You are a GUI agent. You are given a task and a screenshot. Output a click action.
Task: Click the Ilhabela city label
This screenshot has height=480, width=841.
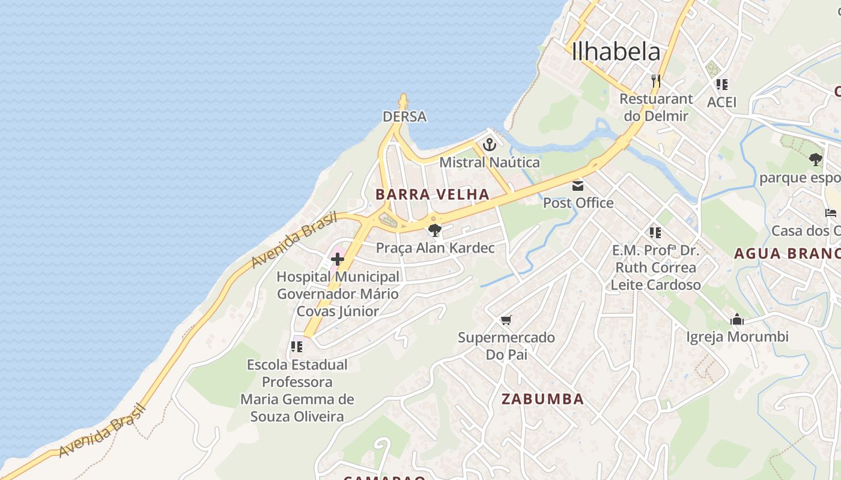616,52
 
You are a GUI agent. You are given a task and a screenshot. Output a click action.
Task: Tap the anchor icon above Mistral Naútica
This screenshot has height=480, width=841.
490,145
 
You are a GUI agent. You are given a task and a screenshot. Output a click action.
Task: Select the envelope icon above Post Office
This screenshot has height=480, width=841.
578,185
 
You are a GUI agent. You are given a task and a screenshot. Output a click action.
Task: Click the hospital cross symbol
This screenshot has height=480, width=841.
338,259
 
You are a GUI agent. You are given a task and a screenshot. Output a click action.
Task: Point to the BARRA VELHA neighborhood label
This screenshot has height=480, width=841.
433,194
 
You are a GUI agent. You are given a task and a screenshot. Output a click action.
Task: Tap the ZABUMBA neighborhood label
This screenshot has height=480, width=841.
542,399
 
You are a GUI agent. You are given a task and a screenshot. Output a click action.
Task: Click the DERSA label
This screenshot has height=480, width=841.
404,116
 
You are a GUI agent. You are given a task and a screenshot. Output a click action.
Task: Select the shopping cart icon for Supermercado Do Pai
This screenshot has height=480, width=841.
506,320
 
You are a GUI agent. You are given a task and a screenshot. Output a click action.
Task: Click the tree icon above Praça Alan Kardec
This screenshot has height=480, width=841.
434,230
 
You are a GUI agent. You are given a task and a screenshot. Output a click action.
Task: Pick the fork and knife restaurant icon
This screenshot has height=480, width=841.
655,80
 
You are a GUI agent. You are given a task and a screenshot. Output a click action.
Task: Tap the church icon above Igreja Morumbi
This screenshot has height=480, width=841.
737,320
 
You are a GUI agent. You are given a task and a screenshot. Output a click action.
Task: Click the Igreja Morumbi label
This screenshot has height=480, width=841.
737,337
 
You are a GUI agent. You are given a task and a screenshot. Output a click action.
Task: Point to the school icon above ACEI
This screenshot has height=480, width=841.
721,85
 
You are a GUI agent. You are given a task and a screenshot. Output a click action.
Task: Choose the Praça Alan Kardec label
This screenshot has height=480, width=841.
435,248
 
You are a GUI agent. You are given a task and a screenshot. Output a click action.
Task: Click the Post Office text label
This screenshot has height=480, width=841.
578,203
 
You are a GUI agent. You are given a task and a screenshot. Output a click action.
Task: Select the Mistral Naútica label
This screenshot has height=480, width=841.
490,162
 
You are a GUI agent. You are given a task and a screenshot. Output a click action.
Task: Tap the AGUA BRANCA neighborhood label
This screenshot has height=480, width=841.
787,253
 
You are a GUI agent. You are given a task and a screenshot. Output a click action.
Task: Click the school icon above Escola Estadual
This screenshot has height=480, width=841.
296,347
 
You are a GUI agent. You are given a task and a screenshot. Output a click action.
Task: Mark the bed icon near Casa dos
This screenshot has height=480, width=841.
831,214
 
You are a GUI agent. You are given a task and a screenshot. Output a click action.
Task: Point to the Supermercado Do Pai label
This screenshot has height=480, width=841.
506,346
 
